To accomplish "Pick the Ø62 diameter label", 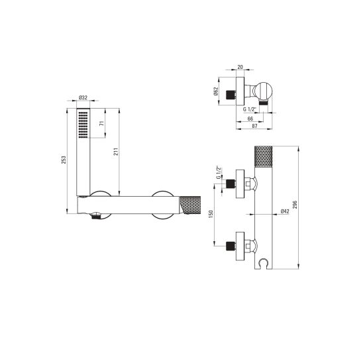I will tap(216, 93).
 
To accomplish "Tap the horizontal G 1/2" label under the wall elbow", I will tap(250, 108).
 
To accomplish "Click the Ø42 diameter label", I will tap(284, 211).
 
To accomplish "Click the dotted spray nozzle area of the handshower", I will tap(83, 124).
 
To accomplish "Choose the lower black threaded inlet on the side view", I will tap(231, 245).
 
